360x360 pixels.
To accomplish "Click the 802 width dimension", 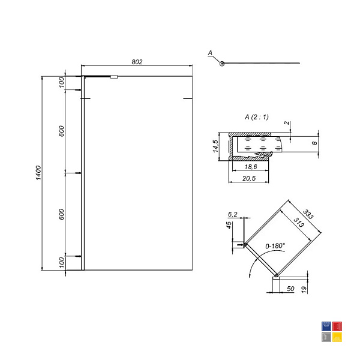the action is coord(137,62).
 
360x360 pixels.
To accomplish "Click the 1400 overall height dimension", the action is coord(38,173).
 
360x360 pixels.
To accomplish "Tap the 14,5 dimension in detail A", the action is coord(215,146).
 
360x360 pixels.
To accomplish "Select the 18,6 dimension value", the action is coord(250,167).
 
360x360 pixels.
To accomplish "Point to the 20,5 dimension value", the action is coord(249,178).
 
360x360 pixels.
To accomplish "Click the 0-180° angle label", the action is coord(275,246).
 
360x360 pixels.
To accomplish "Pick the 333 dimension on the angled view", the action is coord(308,214).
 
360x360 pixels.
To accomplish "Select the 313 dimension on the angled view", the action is coord(299,222).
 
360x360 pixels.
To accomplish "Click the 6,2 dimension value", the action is coord(233,214).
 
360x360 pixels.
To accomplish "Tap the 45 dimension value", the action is coord(229,225).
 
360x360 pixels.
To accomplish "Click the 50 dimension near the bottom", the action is coord(290,289).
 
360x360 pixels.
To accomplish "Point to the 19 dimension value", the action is coord(304,289).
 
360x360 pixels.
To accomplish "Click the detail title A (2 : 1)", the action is coord(256,117).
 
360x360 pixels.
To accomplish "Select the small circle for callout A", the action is coord(222,64).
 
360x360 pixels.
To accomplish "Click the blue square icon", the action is coord(326,326).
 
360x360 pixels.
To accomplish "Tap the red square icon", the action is coord(337,326).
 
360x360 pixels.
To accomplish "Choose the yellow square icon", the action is coord(337,337).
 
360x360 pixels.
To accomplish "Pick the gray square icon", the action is coord(326,337).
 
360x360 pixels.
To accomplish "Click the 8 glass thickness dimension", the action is coord(314,143).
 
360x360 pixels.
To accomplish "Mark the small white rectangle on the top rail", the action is coord(114,77).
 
